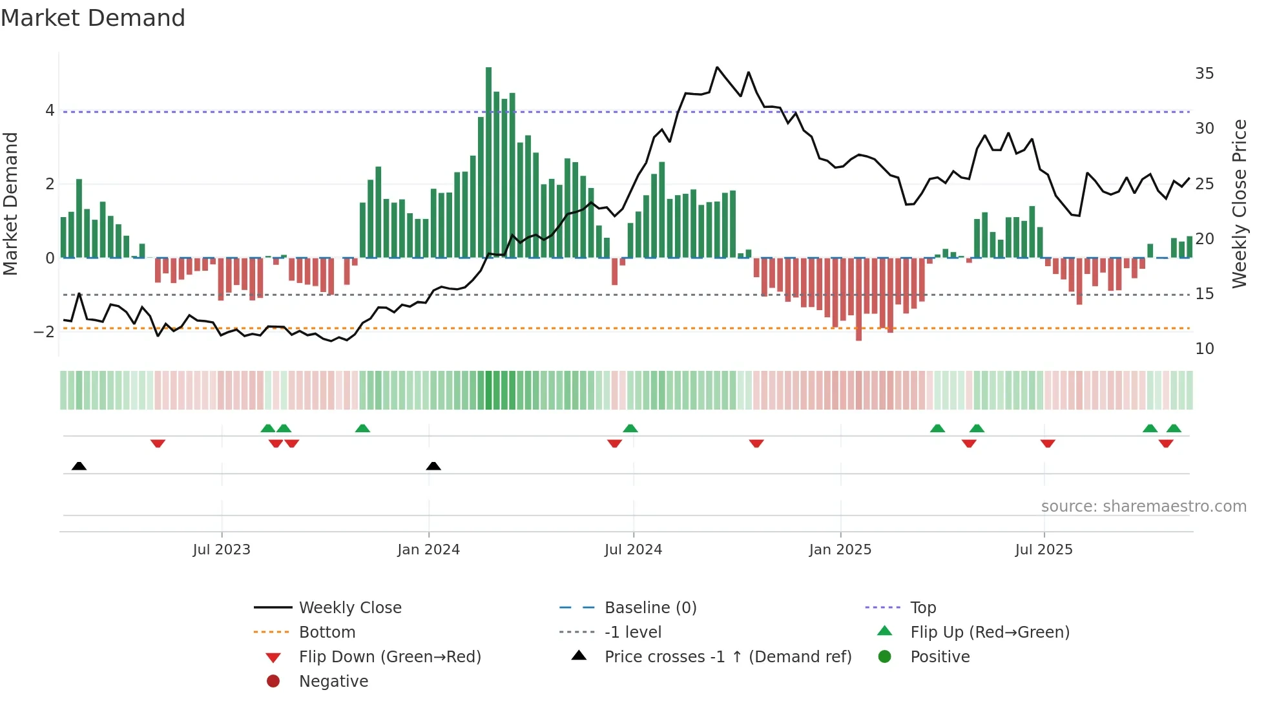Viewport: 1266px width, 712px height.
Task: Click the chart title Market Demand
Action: (93, 18)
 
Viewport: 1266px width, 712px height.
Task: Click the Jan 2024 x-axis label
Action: (428, 550)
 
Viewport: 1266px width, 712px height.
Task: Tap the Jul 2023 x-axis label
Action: (222, 550)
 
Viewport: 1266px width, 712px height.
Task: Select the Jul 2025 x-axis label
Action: (1044, 550)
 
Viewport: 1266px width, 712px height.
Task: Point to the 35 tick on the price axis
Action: (1204, 74)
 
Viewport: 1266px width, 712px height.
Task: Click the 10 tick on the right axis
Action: (1204, 349)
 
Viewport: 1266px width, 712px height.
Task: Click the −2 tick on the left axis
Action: (45, 332)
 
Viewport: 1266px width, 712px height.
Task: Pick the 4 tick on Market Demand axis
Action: (50, 110)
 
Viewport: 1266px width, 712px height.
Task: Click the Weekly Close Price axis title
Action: (1239, 204)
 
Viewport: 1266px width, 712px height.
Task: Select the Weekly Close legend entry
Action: (349, 608)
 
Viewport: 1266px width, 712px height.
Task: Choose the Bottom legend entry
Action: (327, 633)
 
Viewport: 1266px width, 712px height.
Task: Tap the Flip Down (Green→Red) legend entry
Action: (389, 657)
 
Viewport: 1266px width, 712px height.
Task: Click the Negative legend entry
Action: (333, 682)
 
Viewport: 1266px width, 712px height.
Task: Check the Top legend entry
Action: (922, 608)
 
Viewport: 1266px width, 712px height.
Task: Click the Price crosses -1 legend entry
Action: (727, 657)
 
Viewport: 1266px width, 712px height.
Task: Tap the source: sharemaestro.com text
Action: (1143, 507)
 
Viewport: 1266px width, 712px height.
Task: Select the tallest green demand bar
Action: (488, 162)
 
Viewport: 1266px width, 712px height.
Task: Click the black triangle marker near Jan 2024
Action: (433, 466)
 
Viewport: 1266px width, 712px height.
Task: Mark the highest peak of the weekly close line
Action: (717, 67)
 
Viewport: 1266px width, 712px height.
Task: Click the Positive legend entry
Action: (939, 657)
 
